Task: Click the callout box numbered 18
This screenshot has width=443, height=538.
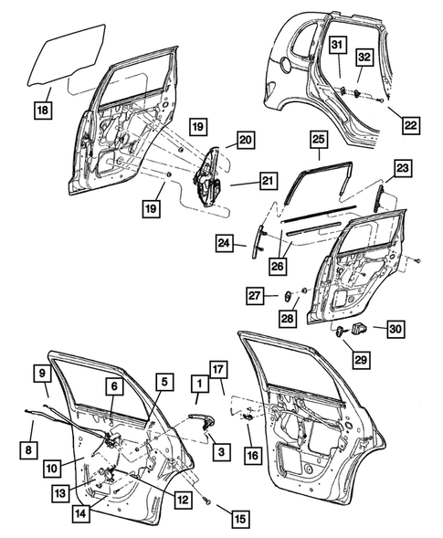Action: click(43, 110)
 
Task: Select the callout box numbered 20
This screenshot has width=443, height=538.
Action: click(244, 140)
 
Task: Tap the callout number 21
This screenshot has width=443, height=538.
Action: click(266, 181)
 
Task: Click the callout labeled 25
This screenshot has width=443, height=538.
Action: click(317, 141)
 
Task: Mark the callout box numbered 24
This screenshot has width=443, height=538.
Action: click(226, 242)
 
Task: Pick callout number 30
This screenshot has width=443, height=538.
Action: click(395, 328)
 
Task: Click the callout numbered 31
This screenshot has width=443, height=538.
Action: click(337, 46)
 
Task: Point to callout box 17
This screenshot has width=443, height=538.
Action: click(216, 370)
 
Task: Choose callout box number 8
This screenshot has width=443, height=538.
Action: click(29, 448)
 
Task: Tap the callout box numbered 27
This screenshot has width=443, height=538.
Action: click(255, 294)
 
